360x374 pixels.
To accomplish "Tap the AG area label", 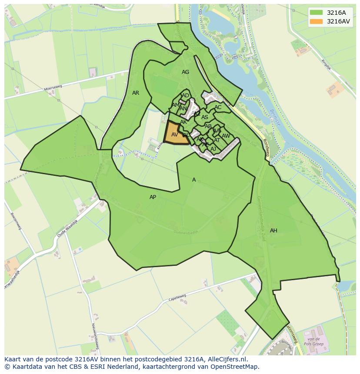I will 185,72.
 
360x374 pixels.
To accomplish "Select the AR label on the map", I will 136,93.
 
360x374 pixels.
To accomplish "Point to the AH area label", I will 273,231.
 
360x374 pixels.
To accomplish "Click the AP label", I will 153,197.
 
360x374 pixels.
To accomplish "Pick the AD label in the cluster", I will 185,96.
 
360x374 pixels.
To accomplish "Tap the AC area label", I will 218,107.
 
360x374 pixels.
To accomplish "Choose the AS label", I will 204,117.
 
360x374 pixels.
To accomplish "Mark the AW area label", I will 226,136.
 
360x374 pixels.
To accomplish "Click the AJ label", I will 213,149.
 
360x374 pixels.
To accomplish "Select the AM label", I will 175,105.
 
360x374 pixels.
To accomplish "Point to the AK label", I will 183,122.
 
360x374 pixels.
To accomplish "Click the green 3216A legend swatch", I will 316,13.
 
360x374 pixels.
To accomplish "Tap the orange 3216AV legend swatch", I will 316,21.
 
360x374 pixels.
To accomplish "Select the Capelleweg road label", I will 177,298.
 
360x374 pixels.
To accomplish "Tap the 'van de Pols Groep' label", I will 313,341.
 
